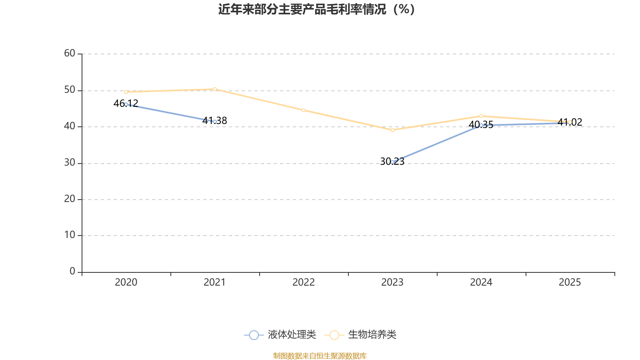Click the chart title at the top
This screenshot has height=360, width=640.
pyautogui.click(x=316, y=9)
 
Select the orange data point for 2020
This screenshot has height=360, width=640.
pyautogui.click(x=126, y=92)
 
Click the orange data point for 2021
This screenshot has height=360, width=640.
pyautogui.click(x=215, y=89)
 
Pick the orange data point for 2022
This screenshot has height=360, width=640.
pyautogui.click(x=304, y=110)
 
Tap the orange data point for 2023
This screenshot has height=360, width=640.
pyautogui.click(x=392, y=130)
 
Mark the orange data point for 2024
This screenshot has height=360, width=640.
pyautogui.click(x=481, y=116)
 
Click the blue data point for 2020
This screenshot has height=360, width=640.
pyautogui.click(x=126, y=104)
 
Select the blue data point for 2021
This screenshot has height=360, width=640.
pyautogui.click(x=215, y=122)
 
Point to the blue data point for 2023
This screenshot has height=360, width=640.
pyautogui.click(x=392, y=162)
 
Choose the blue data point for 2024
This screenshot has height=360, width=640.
pyautogui.click(x=481, y=125)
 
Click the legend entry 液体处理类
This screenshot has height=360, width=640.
pyautogui.click(x=280, y=335)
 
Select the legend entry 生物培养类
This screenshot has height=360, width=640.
pyautogui.click(x=361, y=335)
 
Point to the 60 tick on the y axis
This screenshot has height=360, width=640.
pyautogui.click(x=70, y=53)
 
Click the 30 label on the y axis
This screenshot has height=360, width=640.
pyautogui.click(x=70, y=162)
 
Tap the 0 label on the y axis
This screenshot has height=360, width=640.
pyautogui.click(x=72, y=271)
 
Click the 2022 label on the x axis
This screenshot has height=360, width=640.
pyautogui.click(x=304, y=282)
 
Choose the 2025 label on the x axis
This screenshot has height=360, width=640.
pyautogui.click(x=570, y=282)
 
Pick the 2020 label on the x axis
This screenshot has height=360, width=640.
pyautogui.click(x=126, y=282)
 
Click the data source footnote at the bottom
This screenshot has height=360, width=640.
pyautogui.click(x=320, y=356)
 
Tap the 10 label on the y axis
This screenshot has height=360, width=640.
pyautogui.click(x=70, y=235)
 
